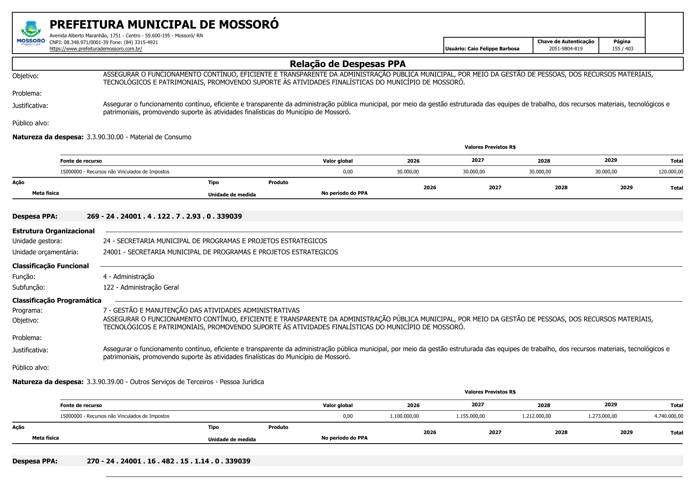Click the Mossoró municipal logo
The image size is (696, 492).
pos(31,33)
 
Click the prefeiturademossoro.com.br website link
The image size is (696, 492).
pos(96,49)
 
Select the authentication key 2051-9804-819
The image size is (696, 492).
pos(566,49)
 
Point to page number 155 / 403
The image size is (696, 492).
pos(622,49)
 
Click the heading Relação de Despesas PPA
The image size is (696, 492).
pos(347,64)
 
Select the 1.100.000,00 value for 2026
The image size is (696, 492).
pos(404,416)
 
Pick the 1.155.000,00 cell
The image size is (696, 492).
pos(470,416)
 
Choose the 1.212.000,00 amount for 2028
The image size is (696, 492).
pos(536,416)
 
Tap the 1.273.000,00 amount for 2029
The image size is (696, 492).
pos(602,416)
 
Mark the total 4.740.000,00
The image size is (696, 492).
pos(669,416)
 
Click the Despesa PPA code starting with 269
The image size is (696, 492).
pos(164,216)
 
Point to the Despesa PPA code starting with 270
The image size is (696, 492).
pos(169,461)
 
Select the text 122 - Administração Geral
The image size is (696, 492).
pos(141,287)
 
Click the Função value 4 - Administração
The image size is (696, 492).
pos(128,277)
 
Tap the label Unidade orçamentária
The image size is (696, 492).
pos(45,252)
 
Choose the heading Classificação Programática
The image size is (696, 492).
pos(57,300)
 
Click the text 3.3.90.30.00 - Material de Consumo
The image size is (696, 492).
pos(139,137)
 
